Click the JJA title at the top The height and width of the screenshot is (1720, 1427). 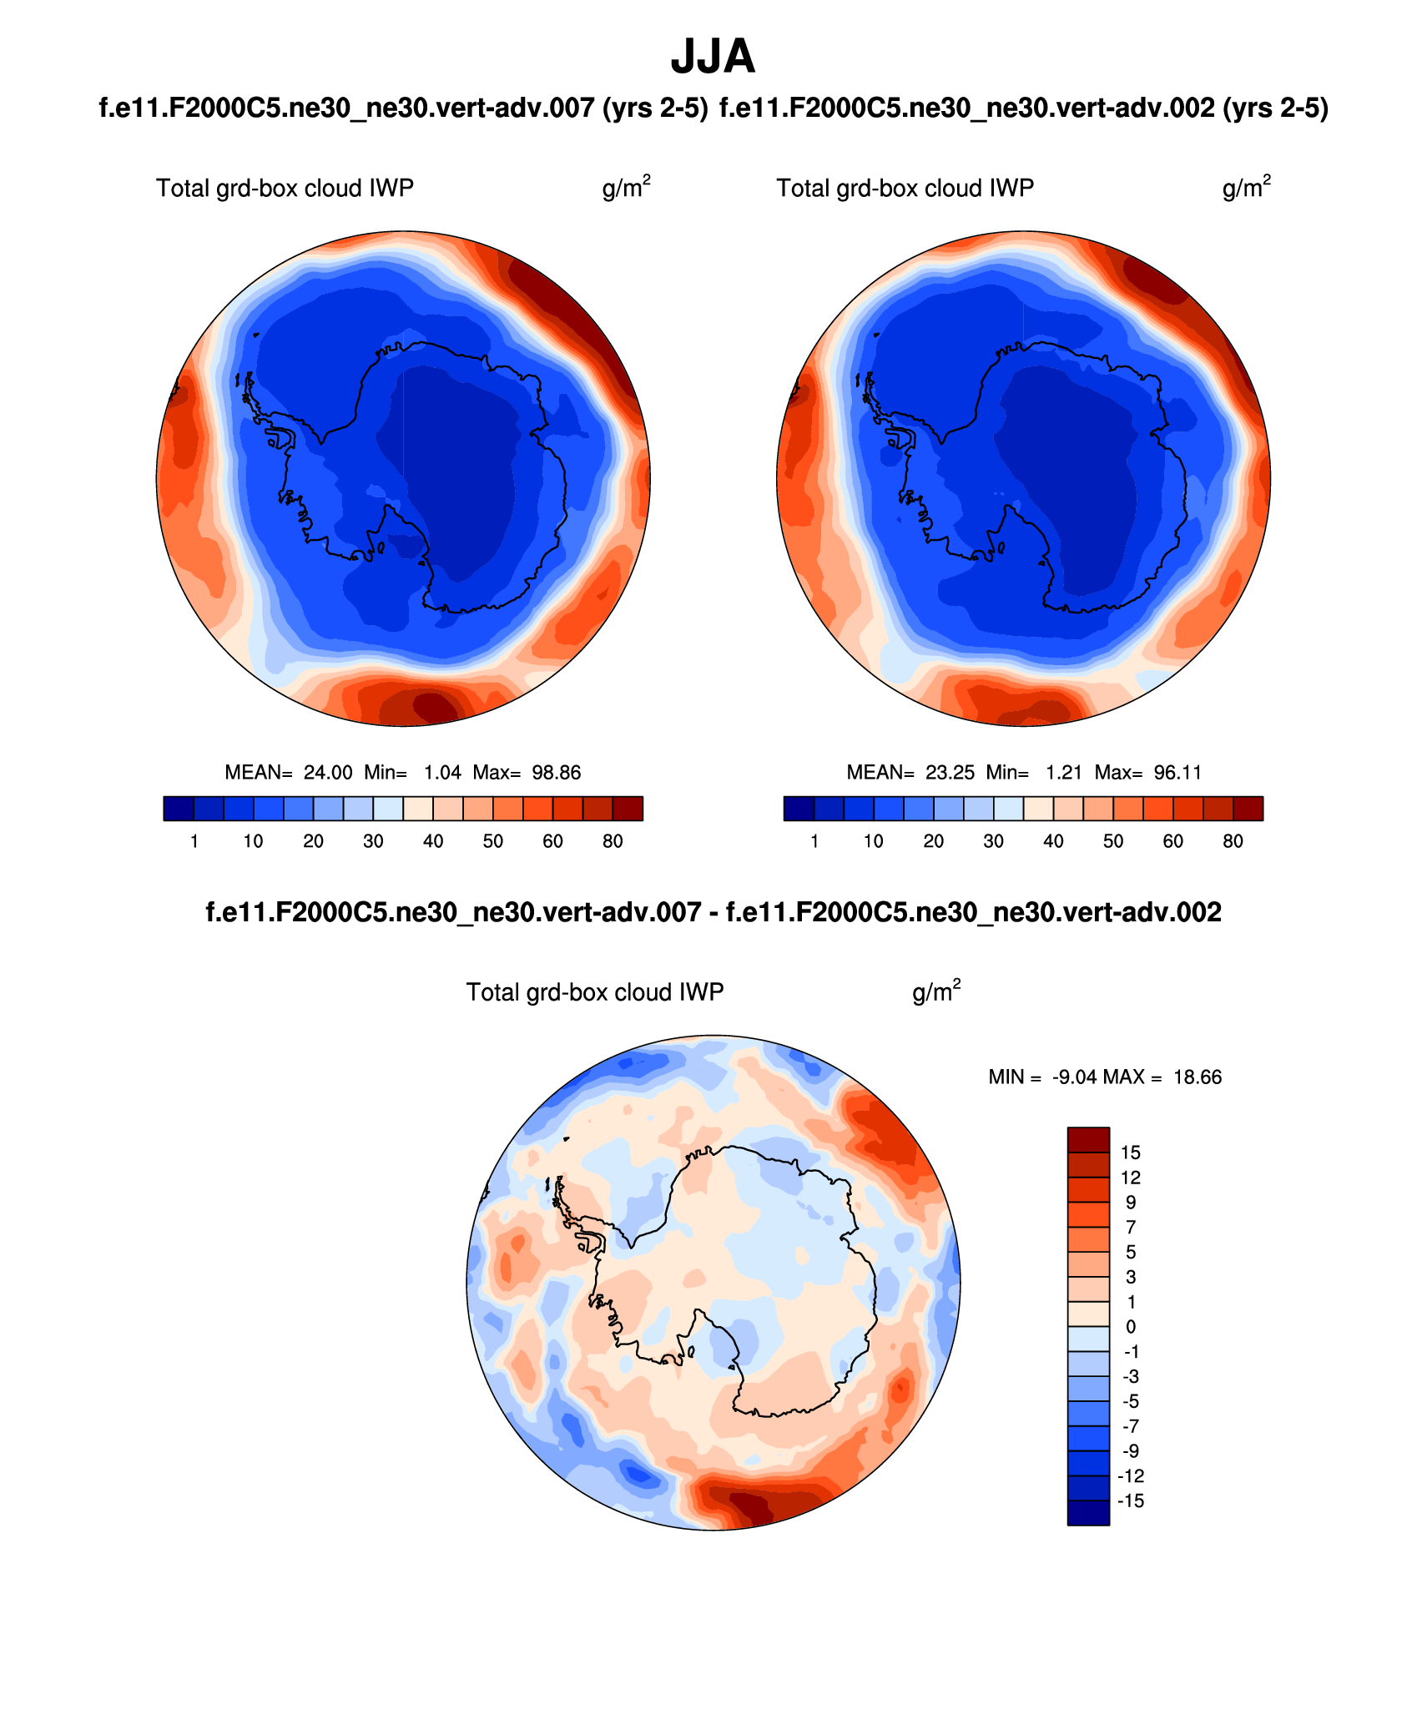click(713, 57)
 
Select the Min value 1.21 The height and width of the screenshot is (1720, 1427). click(1063, 773)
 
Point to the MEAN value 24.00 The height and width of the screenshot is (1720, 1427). click(328, 773)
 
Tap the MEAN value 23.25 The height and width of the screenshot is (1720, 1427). click(950, 773)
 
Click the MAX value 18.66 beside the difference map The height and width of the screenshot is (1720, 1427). click(1197, 1077)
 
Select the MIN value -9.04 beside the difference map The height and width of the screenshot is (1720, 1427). click(1072, 1077)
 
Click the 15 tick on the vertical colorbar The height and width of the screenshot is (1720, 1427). click(1131, 1153)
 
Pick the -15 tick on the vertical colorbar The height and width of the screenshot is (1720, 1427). click(1130, 1501)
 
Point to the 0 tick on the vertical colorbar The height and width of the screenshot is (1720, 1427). click(1131, 1327)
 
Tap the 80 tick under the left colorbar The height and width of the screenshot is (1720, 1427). click(613, 841)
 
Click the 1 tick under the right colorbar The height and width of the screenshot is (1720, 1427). click(814, 841)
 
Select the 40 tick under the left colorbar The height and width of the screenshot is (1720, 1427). click(433, 841)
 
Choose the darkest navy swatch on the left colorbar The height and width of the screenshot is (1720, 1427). click(179, 809)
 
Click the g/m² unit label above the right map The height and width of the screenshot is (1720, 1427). click(1246, 188)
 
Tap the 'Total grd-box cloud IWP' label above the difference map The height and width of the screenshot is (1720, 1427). click(594, 992)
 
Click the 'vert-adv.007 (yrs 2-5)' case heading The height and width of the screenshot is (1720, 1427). click(404, 108)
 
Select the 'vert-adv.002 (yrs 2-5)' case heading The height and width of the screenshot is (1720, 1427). click(1024, 108)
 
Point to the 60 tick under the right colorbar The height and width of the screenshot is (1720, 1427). click(1173, 841)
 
